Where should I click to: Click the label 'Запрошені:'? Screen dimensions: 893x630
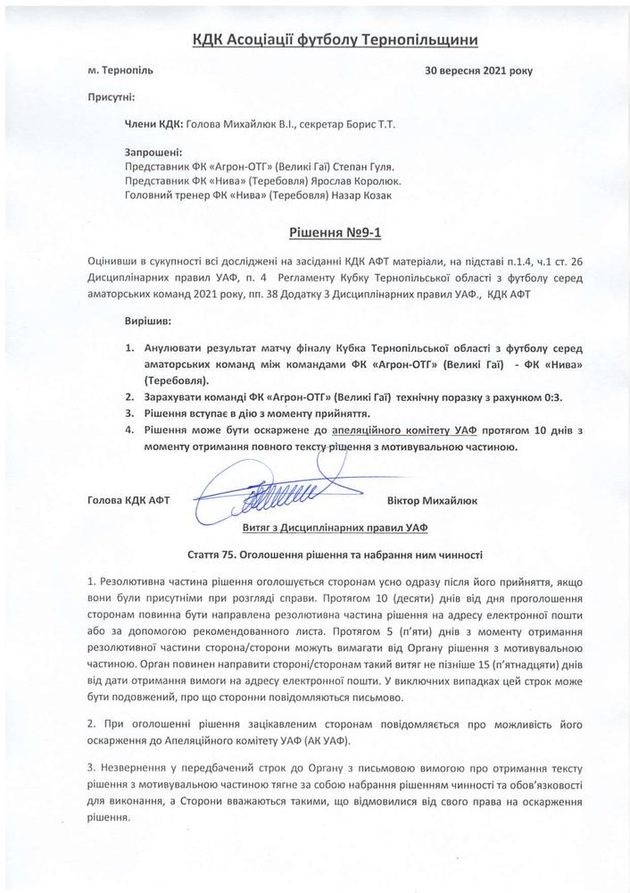coord(153,153)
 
